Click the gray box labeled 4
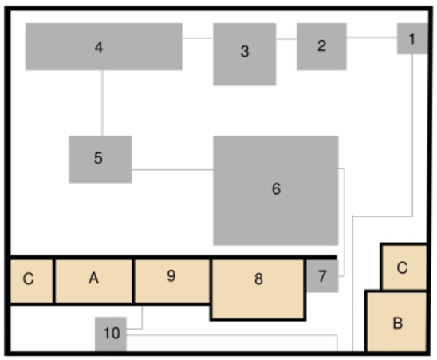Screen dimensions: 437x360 coord(104,46)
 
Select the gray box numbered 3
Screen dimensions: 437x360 coord(245,54)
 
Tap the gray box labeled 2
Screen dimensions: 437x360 coord(321,46)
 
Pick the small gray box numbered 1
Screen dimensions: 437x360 coord(412,38)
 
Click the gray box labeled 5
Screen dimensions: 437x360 coord(100,160)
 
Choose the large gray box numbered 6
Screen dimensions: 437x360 coord(276,191)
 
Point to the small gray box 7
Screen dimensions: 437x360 coord(322,276)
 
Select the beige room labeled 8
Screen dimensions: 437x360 coord(258,289)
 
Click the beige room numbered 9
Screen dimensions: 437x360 coord(172,281)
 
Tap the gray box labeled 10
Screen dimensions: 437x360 coord(111,334)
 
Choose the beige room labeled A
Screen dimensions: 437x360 coord(93,281)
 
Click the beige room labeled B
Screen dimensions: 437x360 coord(396,321)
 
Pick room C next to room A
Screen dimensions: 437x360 coord(31,281)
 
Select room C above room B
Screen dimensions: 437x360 coord(404,267)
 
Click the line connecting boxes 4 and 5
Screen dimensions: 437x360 coord(102,103)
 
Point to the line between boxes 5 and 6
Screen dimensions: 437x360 coord(172,169)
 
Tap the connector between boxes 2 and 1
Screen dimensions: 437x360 coord(372,37)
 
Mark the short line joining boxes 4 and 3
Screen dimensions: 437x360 coord(198,38)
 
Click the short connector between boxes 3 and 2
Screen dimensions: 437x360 coord(286,39)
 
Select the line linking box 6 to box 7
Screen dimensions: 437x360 coord(344,223)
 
